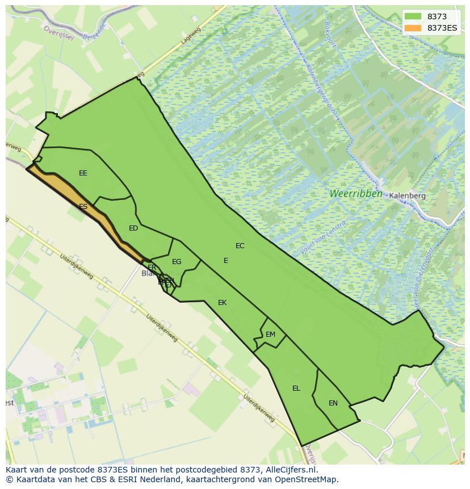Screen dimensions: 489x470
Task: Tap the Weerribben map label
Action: (356, 194)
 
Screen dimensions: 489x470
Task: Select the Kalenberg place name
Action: (407, 195)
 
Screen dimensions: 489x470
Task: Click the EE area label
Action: (83, 173)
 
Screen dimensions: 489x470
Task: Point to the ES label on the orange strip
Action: (83, 207)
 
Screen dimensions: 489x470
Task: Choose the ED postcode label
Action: (133, 228)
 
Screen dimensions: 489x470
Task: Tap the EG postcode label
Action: (177, 262)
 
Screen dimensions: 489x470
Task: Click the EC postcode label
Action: (240, 246)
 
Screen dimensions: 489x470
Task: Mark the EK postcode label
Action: (222, 303)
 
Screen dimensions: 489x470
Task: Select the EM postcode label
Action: (270, 335)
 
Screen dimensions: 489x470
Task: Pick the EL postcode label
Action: (296, 388)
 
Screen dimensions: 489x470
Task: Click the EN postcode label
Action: (333, 403)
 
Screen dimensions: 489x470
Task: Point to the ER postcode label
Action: (152, 268)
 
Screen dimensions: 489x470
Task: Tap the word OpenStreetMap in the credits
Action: (310, 479)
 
